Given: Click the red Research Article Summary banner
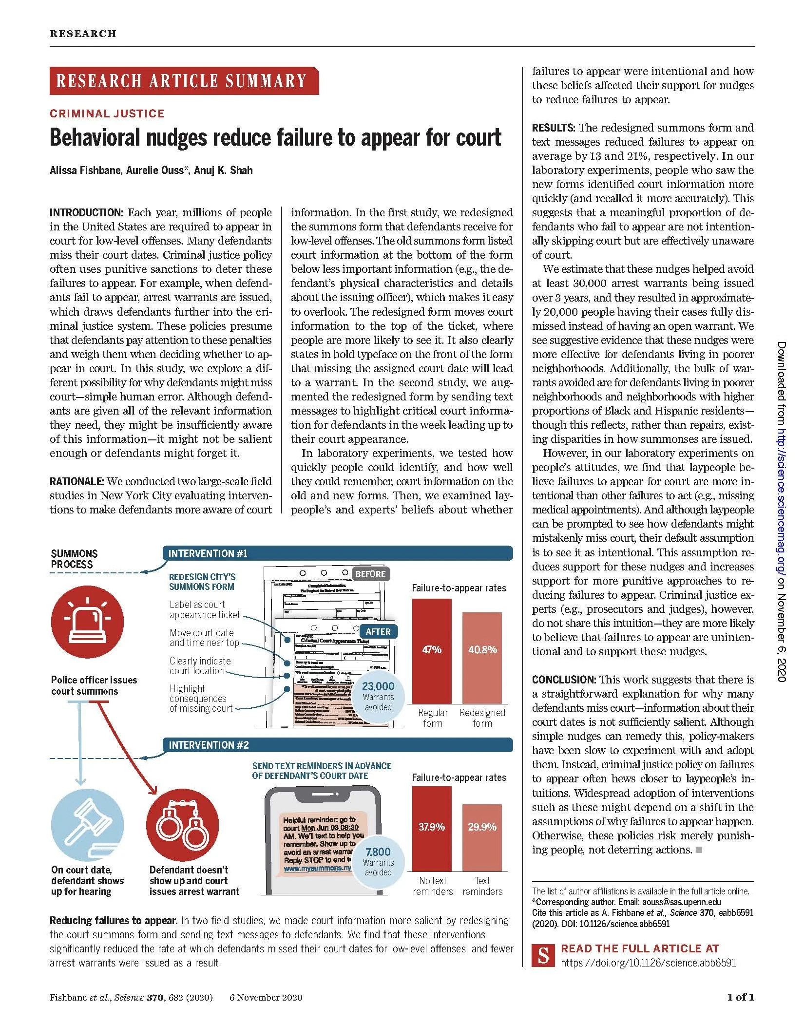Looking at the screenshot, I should tap(184, 81).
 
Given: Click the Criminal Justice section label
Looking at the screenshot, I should tap(107, 114).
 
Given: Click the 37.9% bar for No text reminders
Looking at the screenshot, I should tap(432, 829).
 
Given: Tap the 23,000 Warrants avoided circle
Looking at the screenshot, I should tap(378, 696).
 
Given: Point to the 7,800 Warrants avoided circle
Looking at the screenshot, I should tap(378, 862).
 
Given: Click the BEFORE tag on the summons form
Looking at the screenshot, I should tap(370, 574).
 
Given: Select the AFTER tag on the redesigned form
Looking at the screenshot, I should tap(378, 631).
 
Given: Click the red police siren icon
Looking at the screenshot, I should tap(87, 622).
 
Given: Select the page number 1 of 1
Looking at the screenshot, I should tap(741, 997).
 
